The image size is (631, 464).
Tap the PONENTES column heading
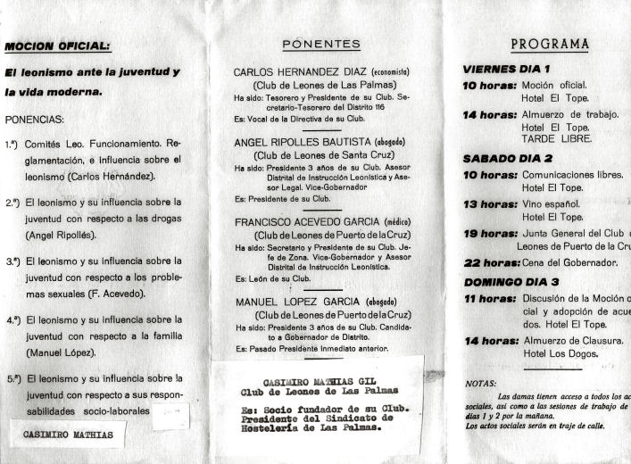pos(320,44)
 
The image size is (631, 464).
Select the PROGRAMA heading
pos(550,44)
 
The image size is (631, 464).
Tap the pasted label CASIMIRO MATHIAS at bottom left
pos(63,435)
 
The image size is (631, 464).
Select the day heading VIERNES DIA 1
pos(506,69)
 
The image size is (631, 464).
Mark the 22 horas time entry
pos(490,263)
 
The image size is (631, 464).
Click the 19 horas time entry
pos(490,234)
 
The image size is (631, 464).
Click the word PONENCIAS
pos(36,119)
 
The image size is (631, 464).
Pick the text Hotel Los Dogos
pos(560,353)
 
